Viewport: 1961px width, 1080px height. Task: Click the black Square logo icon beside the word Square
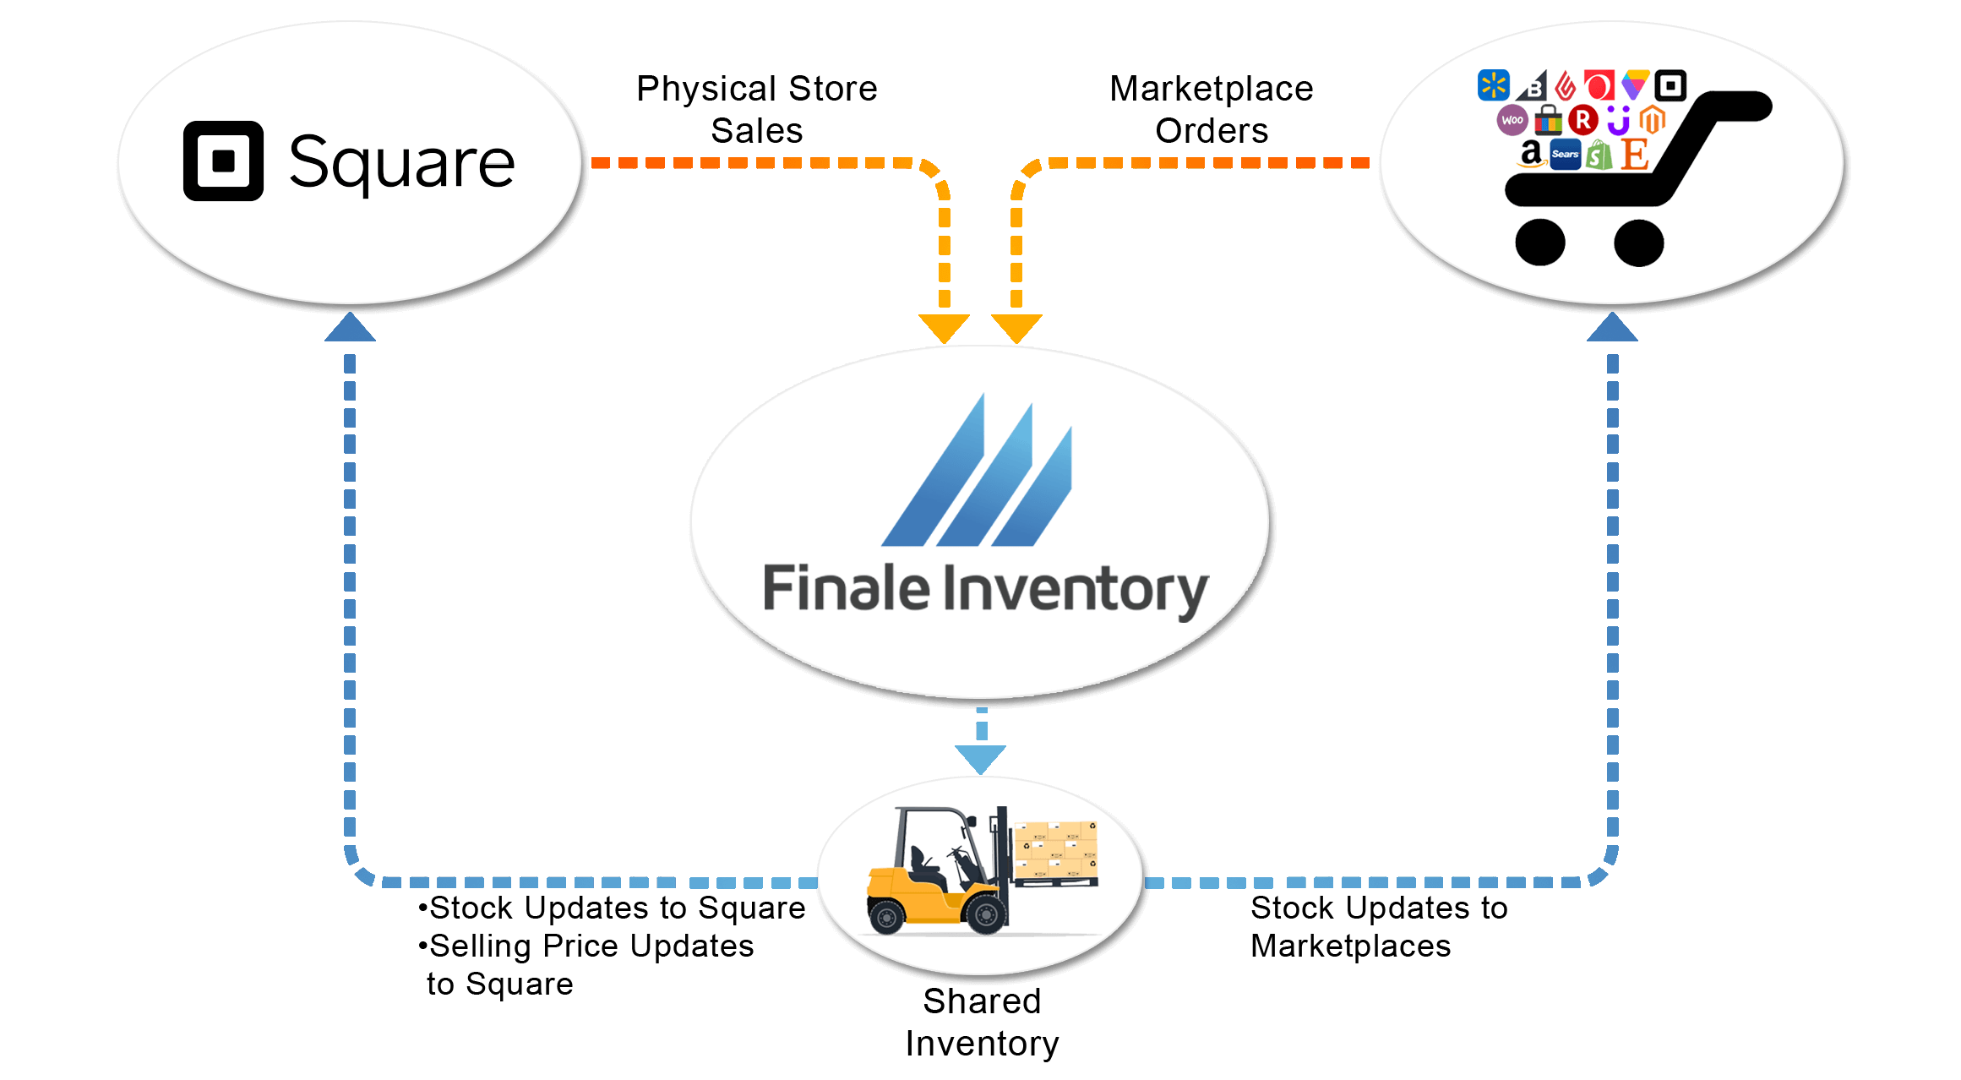[223, 161]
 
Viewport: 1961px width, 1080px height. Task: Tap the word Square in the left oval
[401, 162]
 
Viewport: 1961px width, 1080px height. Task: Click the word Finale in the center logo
[846, 588]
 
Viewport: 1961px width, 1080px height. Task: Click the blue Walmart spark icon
[1493, 85]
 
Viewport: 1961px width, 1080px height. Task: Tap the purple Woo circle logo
[1512, 120]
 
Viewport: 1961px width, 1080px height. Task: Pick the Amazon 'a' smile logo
[1530, 155]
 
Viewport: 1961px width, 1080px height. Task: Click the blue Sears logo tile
[1565, 155]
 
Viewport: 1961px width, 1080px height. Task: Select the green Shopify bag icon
[1599, 155]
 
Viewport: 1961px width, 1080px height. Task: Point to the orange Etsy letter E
[1635, 155]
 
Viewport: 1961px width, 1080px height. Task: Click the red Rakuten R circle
[1582, 120]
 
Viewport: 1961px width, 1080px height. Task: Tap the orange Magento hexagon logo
[1653, 120]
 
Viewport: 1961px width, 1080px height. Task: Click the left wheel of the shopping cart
[1539, 243]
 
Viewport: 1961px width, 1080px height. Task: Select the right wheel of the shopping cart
[1638, 243]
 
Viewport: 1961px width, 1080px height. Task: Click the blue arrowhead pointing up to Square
[350, 328]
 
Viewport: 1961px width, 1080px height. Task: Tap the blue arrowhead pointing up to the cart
[1612, 328]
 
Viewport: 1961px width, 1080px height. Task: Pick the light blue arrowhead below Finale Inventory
[980, 758]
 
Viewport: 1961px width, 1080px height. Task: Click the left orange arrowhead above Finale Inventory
[944, 328]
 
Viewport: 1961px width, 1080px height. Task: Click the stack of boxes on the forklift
[1055, 849]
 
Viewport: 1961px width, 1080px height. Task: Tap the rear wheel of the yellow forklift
[887, 917]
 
